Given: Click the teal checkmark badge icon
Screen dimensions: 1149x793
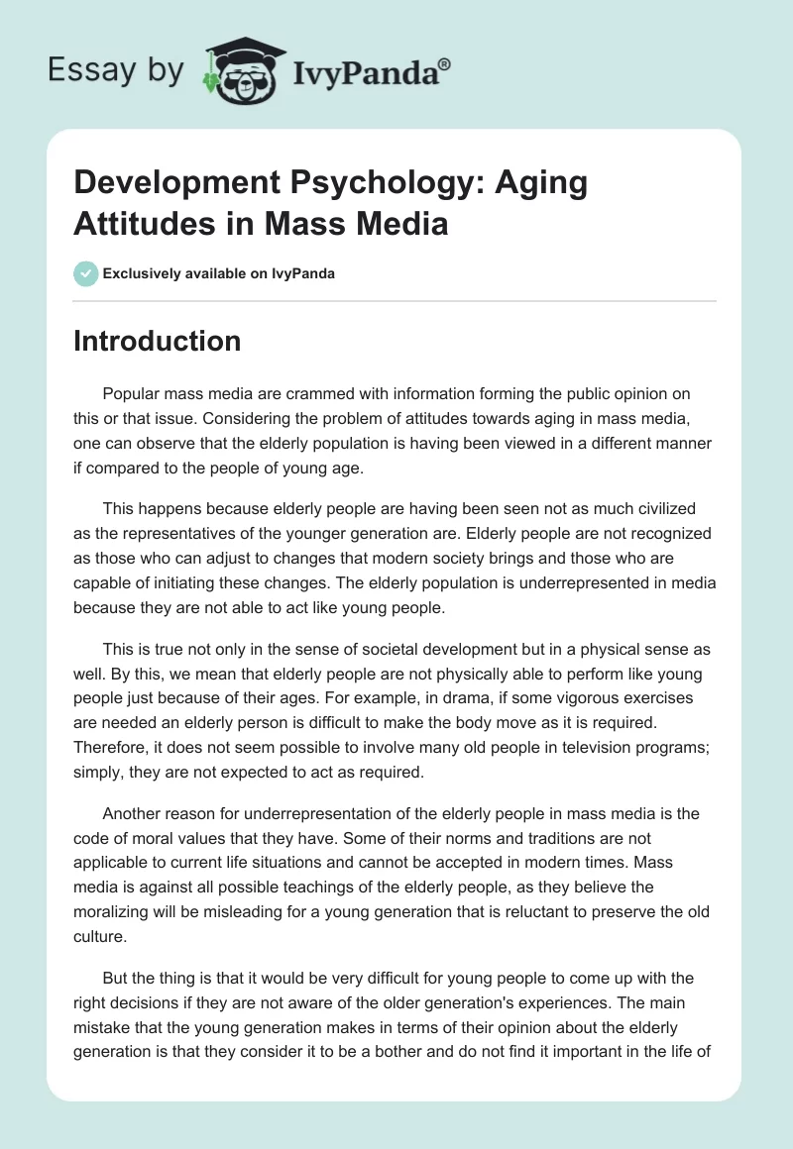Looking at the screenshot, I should tap(86, 273).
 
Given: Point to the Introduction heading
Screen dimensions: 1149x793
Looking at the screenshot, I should tap(157, 341).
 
